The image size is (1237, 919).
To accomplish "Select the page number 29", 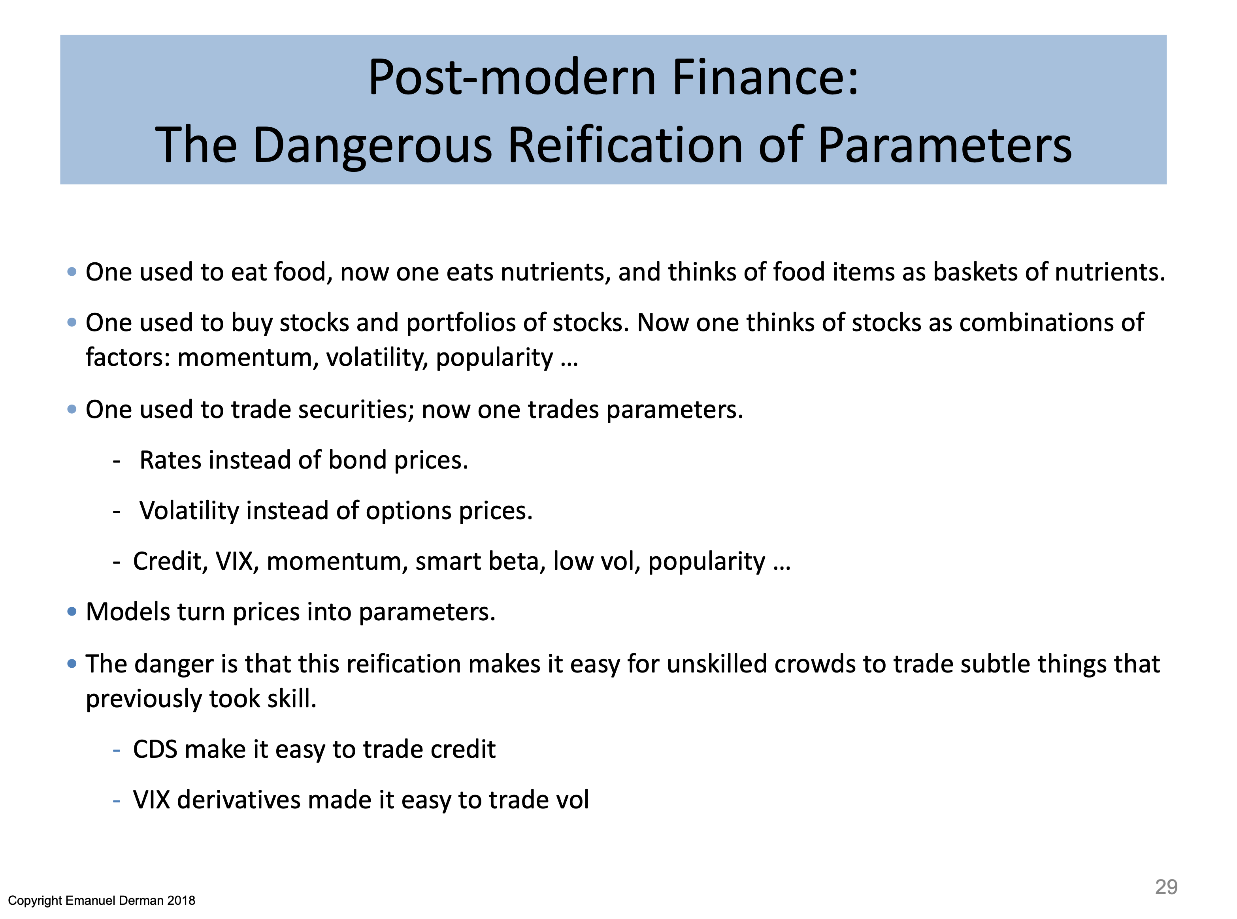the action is (1166, 886).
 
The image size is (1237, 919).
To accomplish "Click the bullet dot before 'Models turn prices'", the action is (72, 611).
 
